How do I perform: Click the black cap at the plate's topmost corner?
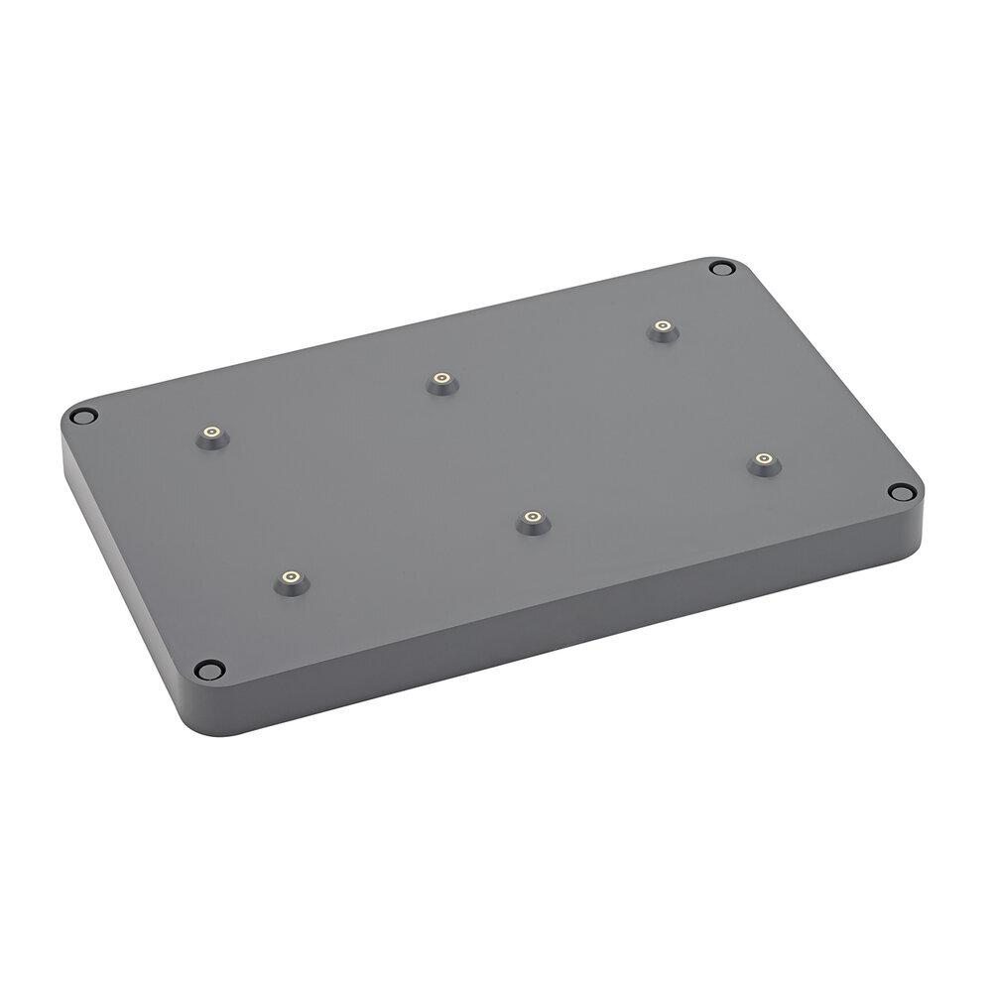[x=722, y=268]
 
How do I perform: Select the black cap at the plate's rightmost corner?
[x=900, y=492]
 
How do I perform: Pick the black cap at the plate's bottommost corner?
[x=207, y=669]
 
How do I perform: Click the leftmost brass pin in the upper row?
[x=210, y=433]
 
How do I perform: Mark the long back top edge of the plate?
[x=397, y=337]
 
